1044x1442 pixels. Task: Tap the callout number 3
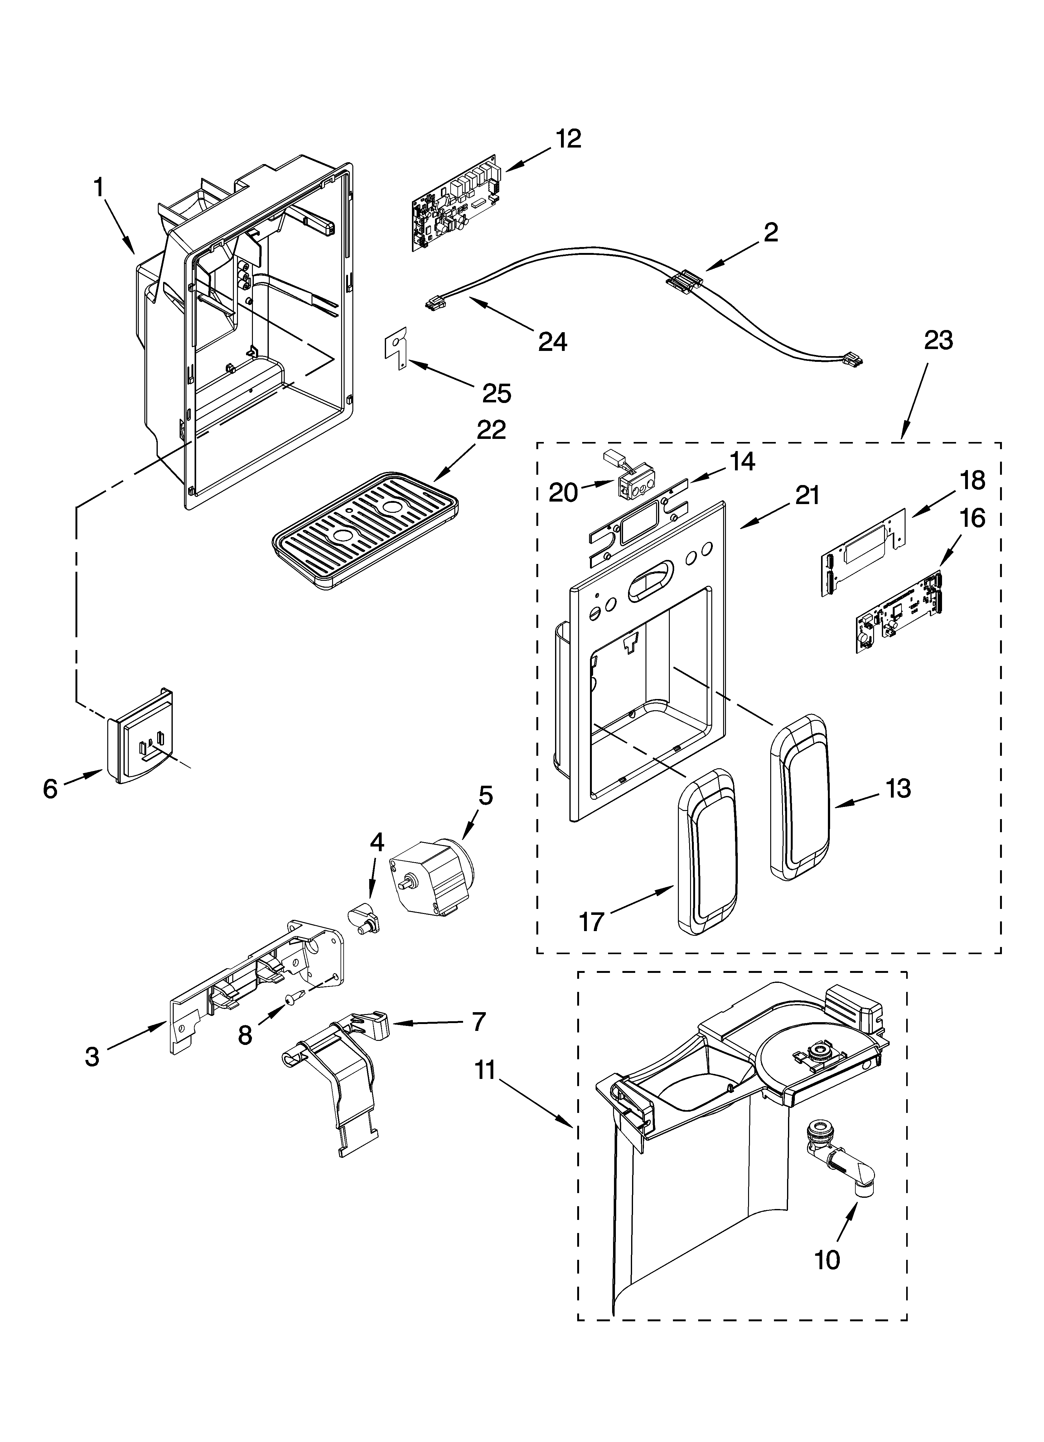(x=92, y=1057)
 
